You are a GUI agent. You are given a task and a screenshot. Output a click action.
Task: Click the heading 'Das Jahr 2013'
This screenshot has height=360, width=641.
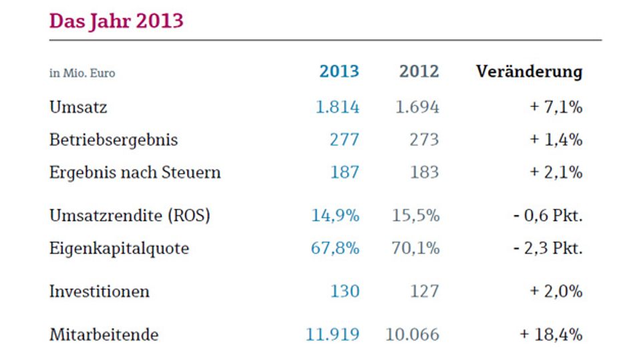116,21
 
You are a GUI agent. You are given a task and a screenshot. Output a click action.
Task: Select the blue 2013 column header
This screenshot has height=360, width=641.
339,71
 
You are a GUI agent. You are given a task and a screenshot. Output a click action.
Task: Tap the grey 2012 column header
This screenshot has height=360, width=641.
419,71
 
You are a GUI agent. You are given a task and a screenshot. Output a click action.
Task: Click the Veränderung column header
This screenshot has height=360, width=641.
529,71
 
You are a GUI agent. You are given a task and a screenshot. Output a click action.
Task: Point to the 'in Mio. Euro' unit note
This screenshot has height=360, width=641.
82,73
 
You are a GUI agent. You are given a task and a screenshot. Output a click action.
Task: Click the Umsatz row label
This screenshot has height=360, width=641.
78,107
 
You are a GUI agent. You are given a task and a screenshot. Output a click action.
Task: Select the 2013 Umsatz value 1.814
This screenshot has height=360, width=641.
338,107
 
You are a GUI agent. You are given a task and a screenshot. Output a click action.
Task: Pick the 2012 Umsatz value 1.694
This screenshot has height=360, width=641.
417,107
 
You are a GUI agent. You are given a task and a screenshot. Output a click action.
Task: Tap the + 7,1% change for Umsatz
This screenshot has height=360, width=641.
556,107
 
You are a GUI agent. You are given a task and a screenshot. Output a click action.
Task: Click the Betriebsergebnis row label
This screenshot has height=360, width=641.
114,140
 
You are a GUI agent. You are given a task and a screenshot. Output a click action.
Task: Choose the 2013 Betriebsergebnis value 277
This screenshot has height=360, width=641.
345,140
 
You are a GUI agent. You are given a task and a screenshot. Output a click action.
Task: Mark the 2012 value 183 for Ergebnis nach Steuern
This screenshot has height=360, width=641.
425,172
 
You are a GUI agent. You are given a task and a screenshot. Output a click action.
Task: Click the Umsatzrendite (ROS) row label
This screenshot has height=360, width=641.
130,216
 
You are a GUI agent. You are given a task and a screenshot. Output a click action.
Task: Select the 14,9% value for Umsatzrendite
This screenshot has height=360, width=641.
336,216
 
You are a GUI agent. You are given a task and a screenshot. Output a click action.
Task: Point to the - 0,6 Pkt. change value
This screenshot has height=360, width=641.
548,216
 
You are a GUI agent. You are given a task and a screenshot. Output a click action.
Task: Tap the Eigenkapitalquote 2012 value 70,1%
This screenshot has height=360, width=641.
416,248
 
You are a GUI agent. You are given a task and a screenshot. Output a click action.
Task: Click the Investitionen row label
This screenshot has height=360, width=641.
99,292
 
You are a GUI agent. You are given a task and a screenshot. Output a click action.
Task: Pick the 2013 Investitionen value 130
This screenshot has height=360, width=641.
345,291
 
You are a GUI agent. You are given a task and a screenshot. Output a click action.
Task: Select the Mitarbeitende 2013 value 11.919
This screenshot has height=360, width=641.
333,335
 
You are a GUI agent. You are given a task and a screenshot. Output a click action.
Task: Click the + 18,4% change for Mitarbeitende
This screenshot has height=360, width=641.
551,335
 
